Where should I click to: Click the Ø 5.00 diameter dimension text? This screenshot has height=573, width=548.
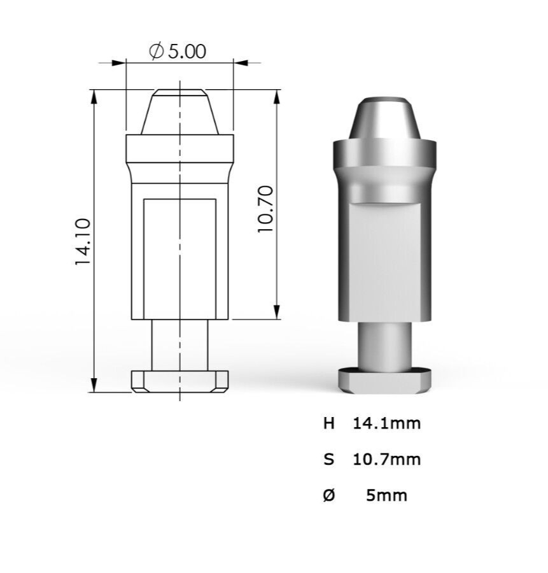(x=178, y=52)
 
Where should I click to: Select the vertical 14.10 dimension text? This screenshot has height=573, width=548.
(x=82, y=242)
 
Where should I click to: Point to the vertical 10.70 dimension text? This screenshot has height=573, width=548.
(x=265, y=209)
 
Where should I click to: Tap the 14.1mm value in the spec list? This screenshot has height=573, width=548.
(x=387, y=423)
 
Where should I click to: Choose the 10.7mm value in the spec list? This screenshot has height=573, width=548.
(x=387, y=459)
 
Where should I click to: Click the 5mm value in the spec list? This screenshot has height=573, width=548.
(x=386, y=495)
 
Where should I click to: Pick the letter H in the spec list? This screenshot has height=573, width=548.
(x=329, y=423)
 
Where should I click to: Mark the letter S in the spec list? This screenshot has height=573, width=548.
(x=329, y=459)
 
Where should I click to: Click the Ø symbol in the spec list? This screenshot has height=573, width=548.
(x=329, y=495)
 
